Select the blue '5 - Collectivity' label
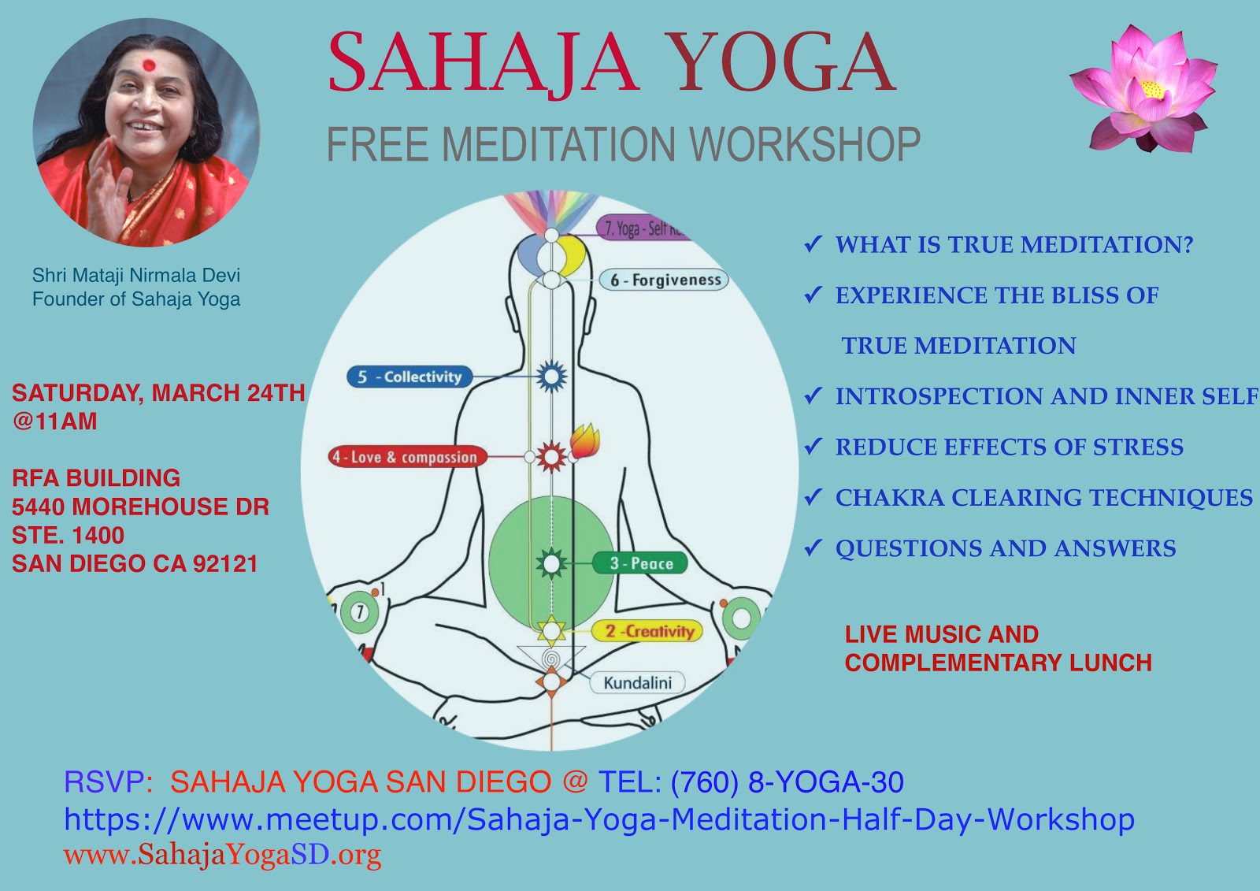tap(409, 377)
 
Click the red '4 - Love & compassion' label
tap(406, 457)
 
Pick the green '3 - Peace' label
tap(640, 563)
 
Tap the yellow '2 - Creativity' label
tap(647, 631)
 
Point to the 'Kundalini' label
tap(637, 682)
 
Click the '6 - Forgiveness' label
tap(665, 280)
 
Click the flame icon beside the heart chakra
tap(584, 442)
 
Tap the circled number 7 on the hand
tap(360, 612)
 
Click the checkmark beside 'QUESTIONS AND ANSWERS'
tap(813, 548)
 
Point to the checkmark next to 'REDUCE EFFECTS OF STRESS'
tap(813, 447)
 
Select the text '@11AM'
tap(54, 421)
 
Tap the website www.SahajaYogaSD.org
tap(222, 855)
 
